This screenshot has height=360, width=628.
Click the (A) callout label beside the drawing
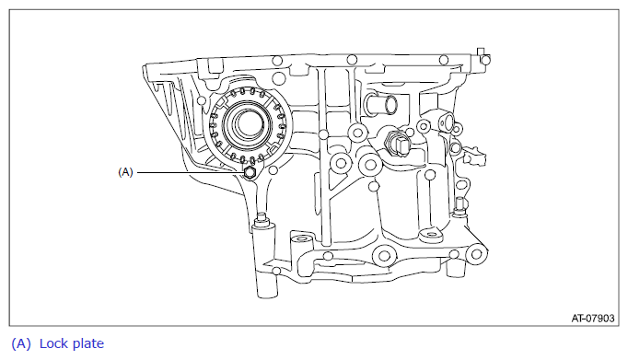[x=125, y=172]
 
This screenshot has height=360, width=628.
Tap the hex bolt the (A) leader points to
[x=250, y=172]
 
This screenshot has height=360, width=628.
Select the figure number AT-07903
[x=592, y=319]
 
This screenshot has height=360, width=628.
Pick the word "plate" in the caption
[x=89, y=344]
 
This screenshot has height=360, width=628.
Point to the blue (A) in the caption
[x=21, y=344]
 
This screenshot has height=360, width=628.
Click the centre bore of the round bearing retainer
[x=246, y=124]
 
